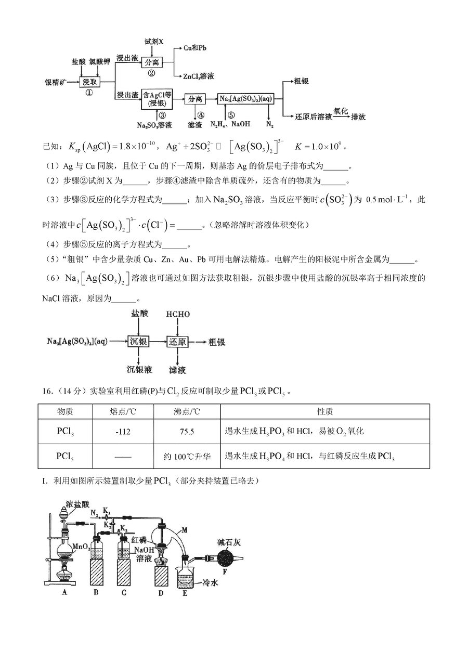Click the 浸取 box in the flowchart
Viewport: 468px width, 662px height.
89,82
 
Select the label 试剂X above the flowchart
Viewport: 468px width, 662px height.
153,42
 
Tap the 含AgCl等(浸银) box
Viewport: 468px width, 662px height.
157,99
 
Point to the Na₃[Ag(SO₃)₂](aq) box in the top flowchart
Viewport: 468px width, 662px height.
245,99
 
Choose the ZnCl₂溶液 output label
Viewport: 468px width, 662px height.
199,76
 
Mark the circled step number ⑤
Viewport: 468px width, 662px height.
231,115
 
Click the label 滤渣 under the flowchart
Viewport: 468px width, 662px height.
194,125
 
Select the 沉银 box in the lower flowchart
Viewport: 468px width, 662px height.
138,342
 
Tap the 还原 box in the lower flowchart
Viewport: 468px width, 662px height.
177,342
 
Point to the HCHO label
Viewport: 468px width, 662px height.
177,315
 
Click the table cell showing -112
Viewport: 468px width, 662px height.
123,432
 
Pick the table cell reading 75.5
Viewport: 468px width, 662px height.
187,432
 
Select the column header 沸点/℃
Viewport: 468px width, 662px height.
187,411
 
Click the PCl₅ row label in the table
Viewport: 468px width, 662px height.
65,456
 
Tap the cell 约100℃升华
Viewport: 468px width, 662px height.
187,456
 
